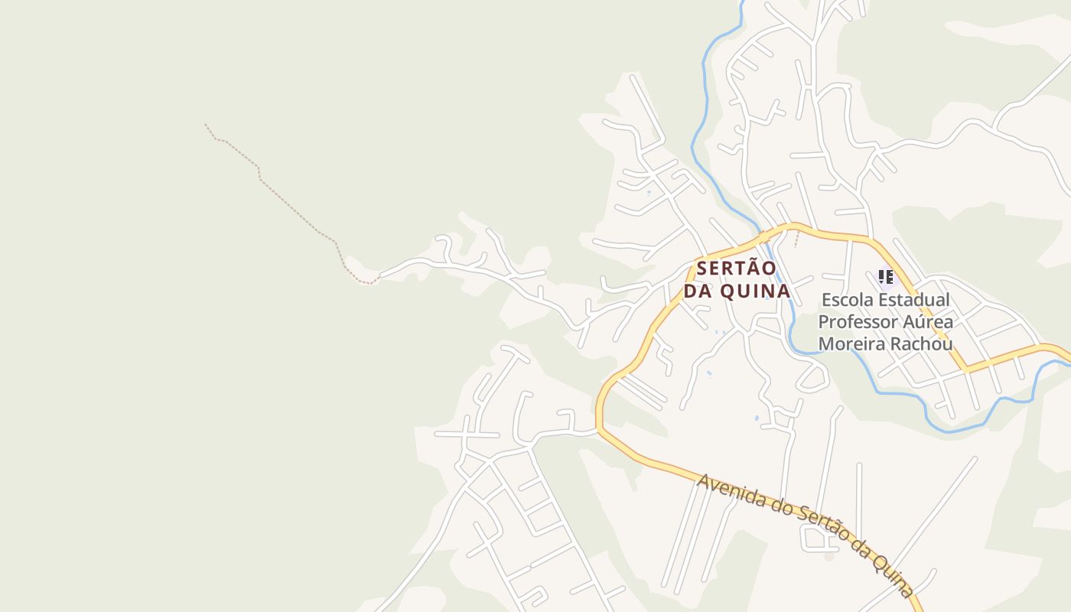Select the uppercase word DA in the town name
(698, 291)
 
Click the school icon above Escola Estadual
(885, 277)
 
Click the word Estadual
(914, 300)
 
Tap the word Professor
(856, 321)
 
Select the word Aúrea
(926, 321)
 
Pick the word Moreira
(851, 343)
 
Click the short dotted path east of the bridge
(796, 239)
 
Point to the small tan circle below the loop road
(830, 556)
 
